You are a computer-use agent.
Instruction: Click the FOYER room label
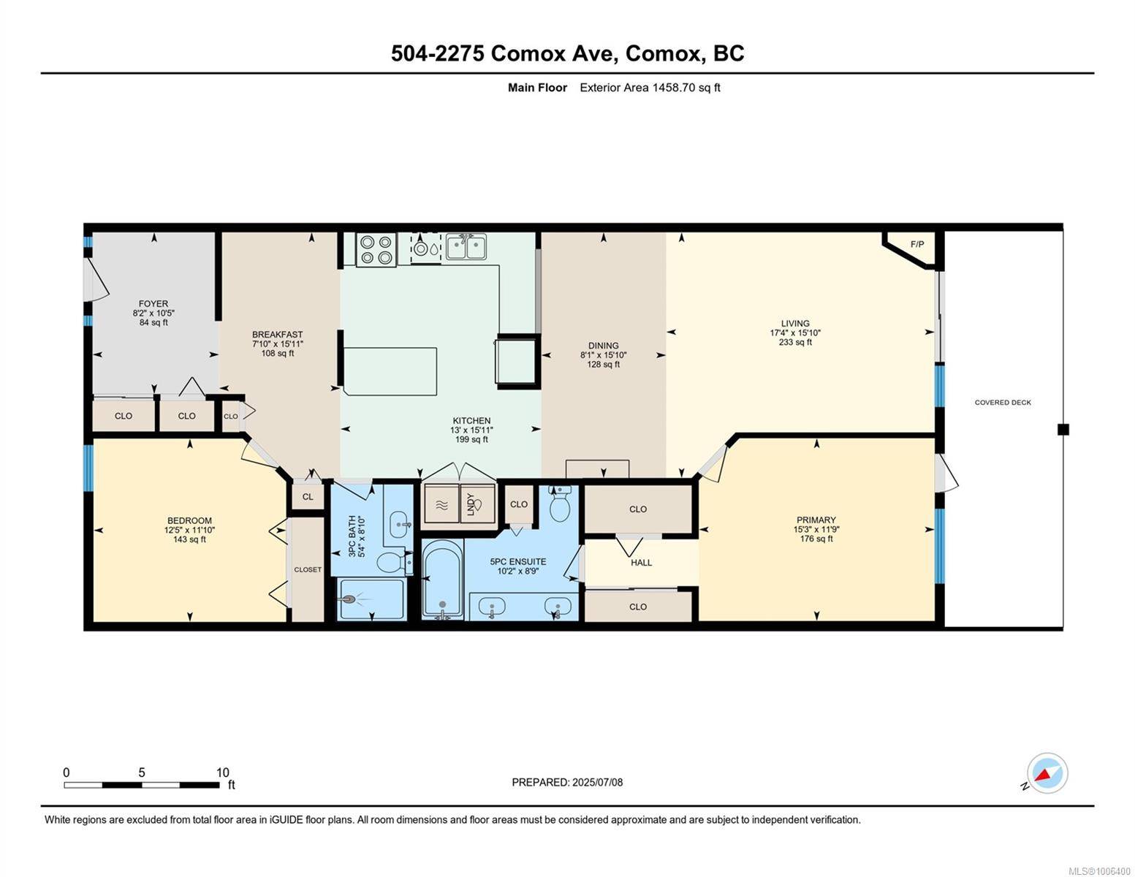click(153, 303)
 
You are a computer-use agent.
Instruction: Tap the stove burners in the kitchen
click(376, 249)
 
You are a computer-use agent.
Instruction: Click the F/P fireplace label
click(916, 244)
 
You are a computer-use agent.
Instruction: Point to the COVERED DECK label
click(1003, 403)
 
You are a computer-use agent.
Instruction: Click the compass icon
click(1047, 773)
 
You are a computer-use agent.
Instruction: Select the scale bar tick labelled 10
click(222, 772)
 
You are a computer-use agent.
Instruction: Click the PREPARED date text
click(567, 782)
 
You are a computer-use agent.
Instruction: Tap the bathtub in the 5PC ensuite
click(442, 579)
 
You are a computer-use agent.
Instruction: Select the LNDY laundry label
click(471, 504)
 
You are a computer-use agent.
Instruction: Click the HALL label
click(641, 563)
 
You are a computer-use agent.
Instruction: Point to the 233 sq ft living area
click(795, 342)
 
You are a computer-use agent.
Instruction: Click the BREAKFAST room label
click(277, 335)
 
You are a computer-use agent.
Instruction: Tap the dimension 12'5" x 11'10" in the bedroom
click(189, 531)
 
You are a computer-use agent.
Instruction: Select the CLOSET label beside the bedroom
click(308, 569)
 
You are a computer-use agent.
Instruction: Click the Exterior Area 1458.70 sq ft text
click(650, 88)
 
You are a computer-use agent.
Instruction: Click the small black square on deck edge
click(1063, 430)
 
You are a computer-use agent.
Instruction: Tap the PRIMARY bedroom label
click(816, 520)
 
